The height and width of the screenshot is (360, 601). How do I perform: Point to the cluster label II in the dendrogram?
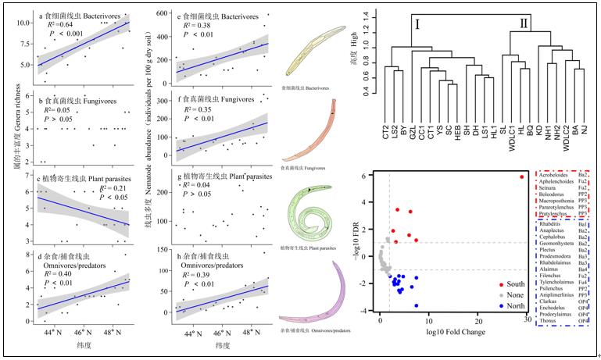523,24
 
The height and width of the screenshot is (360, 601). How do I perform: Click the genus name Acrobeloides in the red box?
556,176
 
